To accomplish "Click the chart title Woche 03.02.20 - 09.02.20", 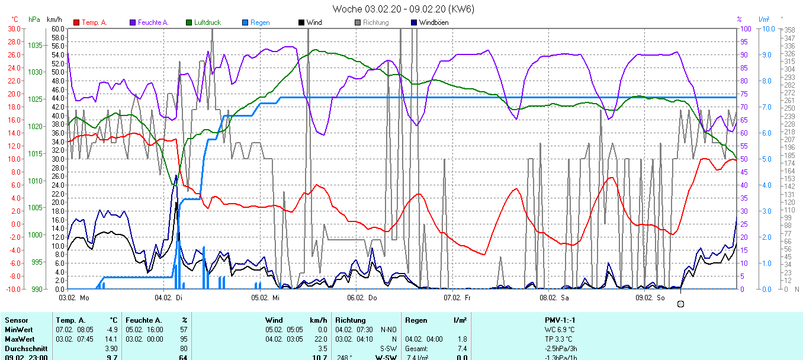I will (x=403, y=9).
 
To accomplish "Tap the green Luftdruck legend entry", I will (x=207, y=22).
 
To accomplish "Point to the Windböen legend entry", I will (x=433, y=22).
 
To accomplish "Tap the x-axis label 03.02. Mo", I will (x=74, y=297).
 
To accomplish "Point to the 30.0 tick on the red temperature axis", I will (x=13, y=28).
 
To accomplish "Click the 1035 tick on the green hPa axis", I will (x=35, y=45).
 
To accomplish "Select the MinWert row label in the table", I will (x=19, y=329).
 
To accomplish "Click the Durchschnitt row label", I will (x=24, y=348).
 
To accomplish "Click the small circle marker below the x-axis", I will (x=680, y=304).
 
